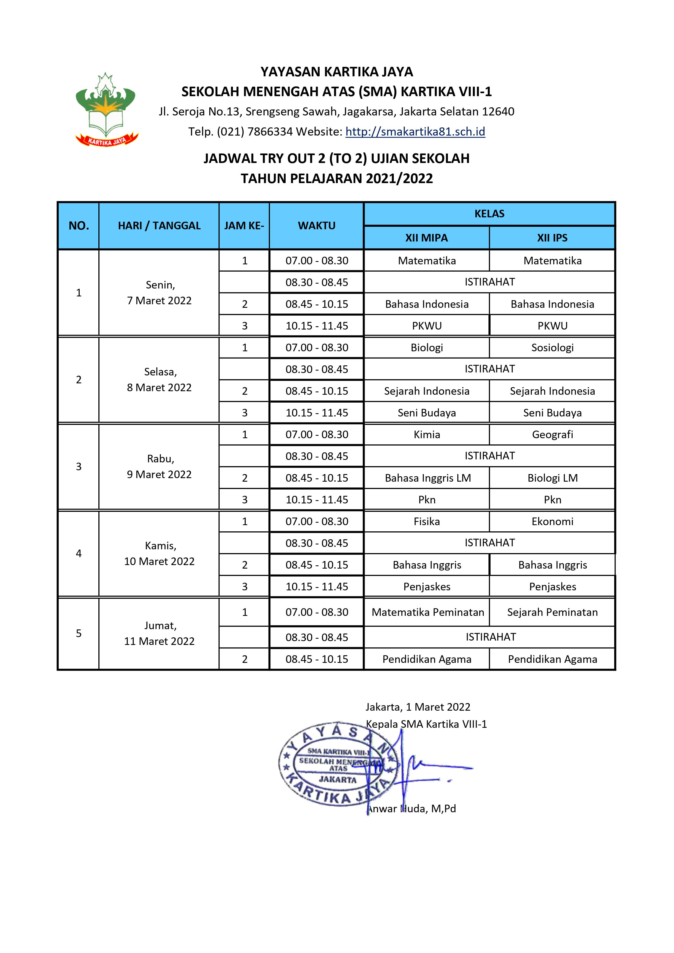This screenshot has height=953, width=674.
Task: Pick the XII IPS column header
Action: (552, 238)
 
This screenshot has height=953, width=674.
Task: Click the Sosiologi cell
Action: (552, 348)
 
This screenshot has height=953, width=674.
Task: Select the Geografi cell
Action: (552, 435)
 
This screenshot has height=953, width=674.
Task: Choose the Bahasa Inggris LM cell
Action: (427, 478)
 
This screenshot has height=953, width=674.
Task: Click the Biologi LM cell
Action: (552, 478)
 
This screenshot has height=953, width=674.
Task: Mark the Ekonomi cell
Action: (552, 522)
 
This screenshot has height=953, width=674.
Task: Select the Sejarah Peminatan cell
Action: (552, 612)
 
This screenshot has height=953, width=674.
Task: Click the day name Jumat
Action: (160, 626)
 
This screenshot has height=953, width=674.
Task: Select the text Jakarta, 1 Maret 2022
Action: (417, 707)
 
